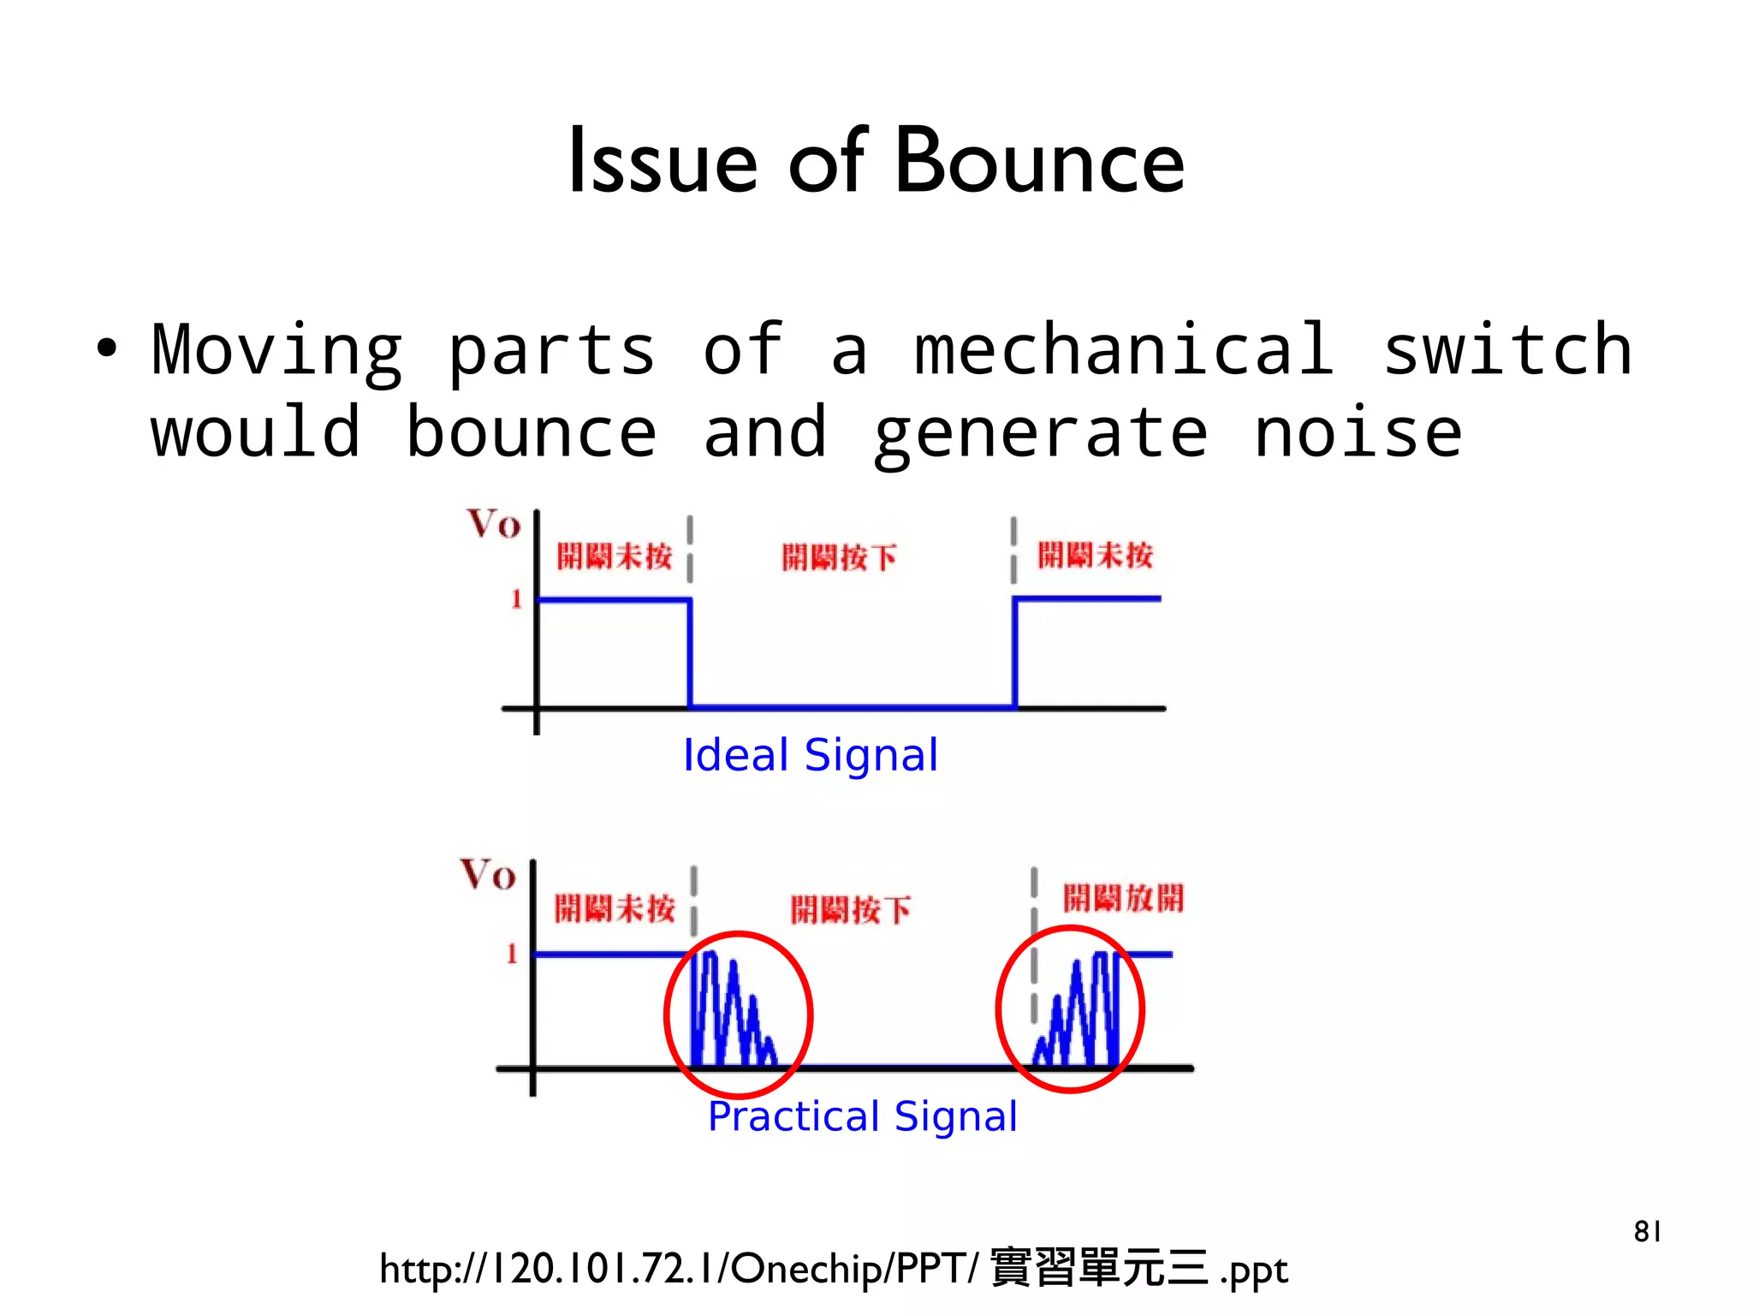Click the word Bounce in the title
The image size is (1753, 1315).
[x=1039, y=162]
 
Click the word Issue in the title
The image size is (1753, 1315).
[x=663, y=162]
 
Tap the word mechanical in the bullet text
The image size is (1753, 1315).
[x=1124, y=350]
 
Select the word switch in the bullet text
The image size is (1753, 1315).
[x=1507, y=350]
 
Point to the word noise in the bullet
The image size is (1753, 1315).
[x=1358, y=432]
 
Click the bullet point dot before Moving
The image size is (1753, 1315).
[x=106, y=349]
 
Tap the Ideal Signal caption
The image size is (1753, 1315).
[x=810, y=755]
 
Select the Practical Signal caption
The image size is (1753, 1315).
[x=863, y=1116]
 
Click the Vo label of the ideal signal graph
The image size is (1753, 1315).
[x=493, y=524]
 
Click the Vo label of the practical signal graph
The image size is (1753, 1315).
[x=488, y=875]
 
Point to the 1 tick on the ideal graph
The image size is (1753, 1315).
[x=516, y=598]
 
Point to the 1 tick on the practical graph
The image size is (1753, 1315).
[x=512, y=953]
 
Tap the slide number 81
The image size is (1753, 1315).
[x=1647, y=1231]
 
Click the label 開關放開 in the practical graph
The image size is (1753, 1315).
[x=1123, y=898]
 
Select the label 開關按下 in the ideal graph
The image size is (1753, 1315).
[x=839, y=557]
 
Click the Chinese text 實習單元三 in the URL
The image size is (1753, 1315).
[x=1098, y=1269]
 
